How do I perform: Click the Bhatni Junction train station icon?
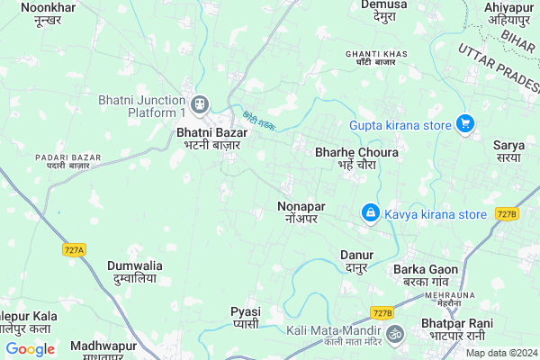tap(200, 103)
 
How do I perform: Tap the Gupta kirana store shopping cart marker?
tap(464, 124)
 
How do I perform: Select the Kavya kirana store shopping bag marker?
tap(369, 213)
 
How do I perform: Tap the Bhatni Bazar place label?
tap(211, 138)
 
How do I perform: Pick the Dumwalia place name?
tap(135, 272)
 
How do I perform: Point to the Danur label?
tap(356, 261)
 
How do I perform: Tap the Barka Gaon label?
tap(426, 274)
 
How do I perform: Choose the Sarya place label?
tap(508, 150)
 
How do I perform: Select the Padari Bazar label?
tap(62, 161)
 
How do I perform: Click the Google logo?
tap(30, 348)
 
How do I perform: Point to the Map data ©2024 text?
tap(500, 353)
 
